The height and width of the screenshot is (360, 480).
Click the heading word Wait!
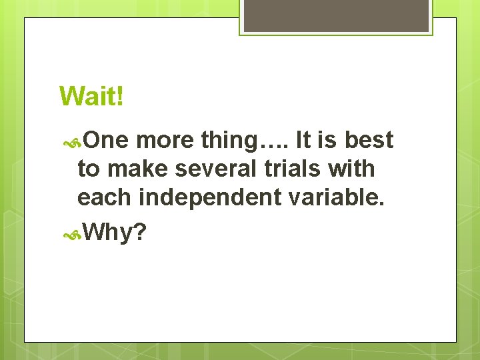91,96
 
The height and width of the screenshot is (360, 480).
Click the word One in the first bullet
107,141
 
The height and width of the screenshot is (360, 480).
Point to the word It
303,141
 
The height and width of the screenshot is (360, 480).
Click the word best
369,141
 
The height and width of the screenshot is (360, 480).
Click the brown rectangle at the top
335,15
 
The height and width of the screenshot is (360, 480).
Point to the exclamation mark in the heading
119,96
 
